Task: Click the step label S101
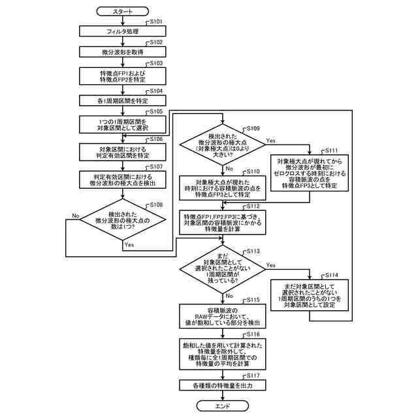(x=156, y=22)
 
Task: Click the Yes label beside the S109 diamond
(x=271, y=140)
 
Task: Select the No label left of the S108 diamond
(x=76, y=216)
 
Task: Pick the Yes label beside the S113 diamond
(x=271, y=265)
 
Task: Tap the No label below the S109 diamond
(x=229, y=169)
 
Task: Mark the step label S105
(x=156, y=112)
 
